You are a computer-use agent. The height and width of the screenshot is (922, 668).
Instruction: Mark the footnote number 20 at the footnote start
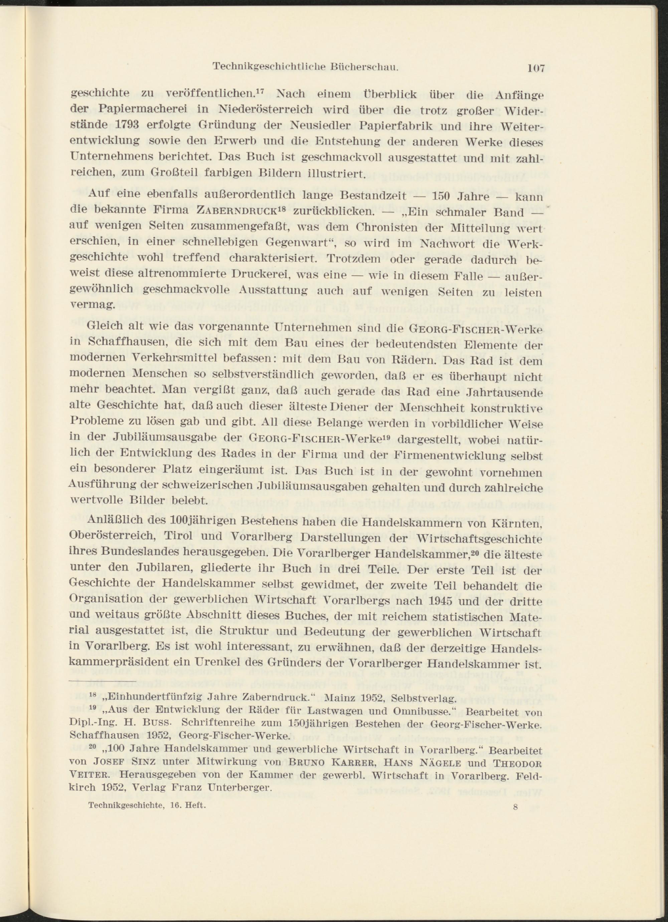pyautogui.click(x=92, y=747)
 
